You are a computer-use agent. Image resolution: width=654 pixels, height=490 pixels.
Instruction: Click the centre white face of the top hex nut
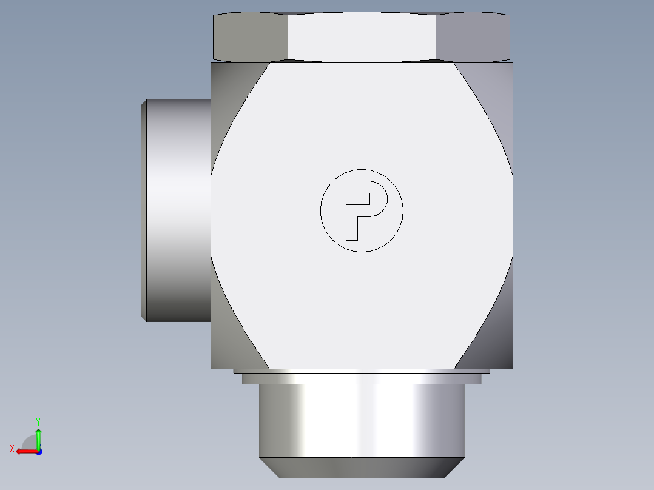[x=362, y=37]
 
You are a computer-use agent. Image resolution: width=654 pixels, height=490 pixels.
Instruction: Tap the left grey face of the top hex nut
[x=250, y=37]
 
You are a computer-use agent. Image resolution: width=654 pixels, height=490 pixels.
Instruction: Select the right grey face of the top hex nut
[x=473, y=37]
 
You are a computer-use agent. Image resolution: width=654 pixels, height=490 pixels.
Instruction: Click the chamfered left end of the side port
[x=143, y=210]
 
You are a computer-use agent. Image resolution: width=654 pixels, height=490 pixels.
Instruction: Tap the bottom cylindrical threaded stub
[x=362, y=420]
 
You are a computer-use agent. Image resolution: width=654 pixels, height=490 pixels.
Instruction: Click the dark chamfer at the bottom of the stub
[x=362, y=468]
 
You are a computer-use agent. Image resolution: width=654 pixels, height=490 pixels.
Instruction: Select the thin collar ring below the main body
[x=362, y=378]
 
